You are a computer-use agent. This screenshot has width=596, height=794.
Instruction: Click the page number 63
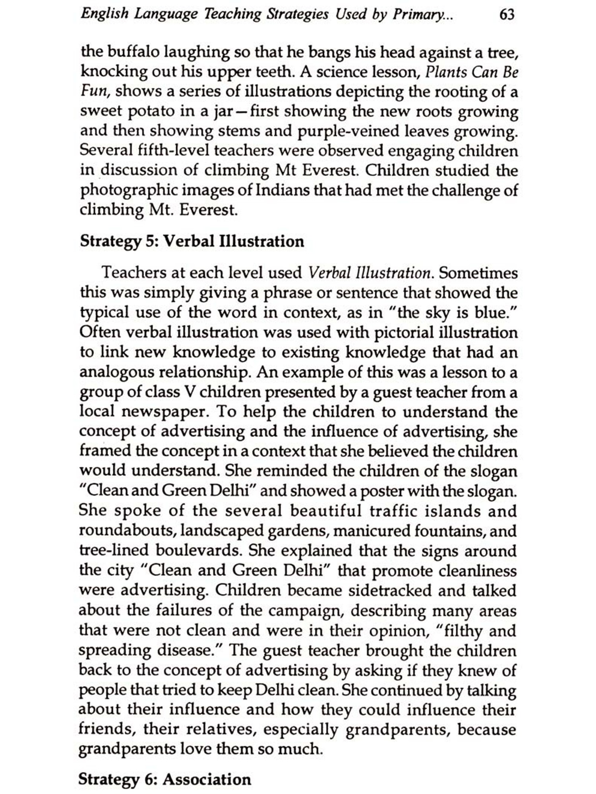507,15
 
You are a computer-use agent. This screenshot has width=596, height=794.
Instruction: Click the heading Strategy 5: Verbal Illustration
192,241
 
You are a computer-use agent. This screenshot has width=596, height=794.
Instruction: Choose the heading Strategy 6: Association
165,779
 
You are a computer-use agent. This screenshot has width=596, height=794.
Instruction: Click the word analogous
116,372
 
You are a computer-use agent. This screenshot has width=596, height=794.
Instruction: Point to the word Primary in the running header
417,15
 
